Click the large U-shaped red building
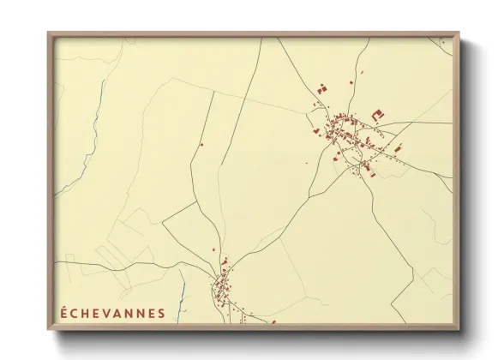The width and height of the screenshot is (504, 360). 376,112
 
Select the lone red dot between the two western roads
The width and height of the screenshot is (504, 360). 201,144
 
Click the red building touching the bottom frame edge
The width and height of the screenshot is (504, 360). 273,323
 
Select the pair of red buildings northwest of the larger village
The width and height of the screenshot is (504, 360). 322,87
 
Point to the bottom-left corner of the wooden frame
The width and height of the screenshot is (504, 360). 49,331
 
